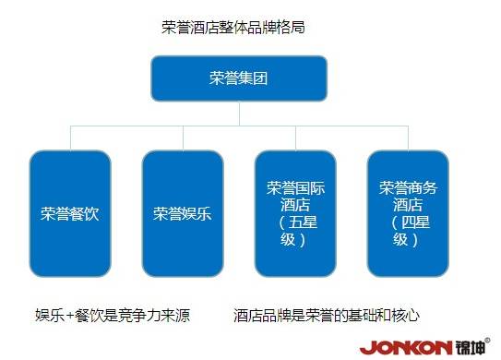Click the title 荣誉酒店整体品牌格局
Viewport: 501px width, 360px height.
[x=233, y=27]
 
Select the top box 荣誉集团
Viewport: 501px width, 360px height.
[x=239, y=78]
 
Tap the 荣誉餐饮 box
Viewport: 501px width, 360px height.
[x=69, y=214]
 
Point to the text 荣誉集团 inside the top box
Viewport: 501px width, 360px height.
[x=239, y=78]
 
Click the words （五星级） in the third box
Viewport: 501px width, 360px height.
[x=295, y=231]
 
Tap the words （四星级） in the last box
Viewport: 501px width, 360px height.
[x=408, y=231]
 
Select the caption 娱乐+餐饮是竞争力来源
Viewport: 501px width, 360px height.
[x=113, y=316]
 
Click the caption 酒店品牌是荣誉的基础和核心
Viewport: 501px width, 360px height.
[x=328, y=316]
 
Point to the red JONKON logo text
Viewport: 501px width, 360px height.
[x=406, y=348]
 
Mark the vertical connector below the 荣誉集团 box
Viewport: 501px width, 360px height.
[x=239, y=114]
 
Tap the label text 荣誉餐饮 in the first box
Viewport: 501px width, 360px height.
[x=69, y=214]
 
